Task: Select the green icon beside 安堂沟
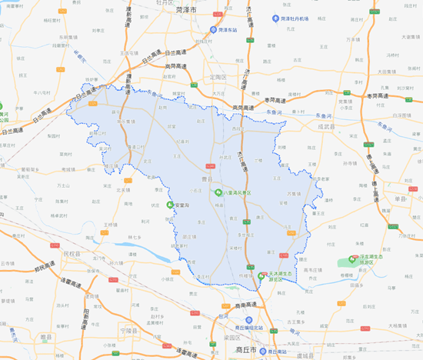(x=171, y=205)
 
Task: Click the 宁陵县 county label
(x=112, y=329)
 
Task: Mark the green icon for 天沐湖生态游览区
(x=262, y=275)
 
